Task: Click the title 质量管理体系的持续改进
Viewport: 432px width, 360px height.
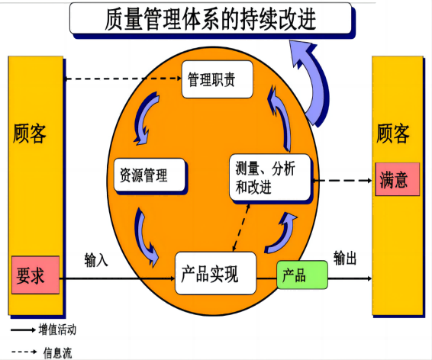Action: (x=211, y=19)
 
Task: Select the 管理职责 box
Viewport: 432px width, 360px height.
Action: (x=218, y=79)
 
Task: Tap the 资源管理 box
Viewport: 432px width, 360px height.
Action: (x=150, y=175)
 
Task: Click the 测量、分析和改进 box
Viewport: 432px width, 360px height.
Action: (x=270, y=177)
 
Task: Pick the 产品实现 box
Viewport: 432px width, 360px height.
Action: (x=216, y=273)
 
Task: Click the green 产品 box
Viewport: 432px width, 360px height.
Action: (x=302, y=275)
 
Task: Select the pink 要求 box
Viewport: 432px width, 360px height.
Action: (x=36, y=275)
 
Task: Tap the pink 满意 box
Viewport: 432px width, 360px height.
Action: (x=398, y=179)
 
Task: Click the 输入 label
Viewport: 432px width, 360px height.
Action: (x=96, y=260)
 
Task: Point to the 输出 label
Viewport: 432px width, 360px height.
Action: (x=345, y=258)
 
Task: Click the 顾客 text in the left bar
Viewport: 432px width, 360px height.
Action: (x=30, y=133)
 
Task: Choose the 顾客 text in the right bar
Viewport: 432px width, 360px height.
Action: (x=393, y=133)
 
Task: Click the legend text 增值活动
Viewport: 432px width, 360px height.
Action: (x=57, y=329)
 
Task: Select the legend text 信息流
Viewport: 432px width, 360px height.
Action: (x=57, y=352)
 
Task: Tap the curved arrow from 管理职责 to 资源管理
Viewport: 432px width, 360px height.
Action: (x=144, y=119)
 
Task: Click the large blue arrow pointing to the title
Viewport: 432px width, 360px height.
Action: (x=315, y=82)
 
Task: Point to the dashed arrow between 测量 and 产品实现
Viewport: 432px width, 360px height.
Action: (x=241, y=227)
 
